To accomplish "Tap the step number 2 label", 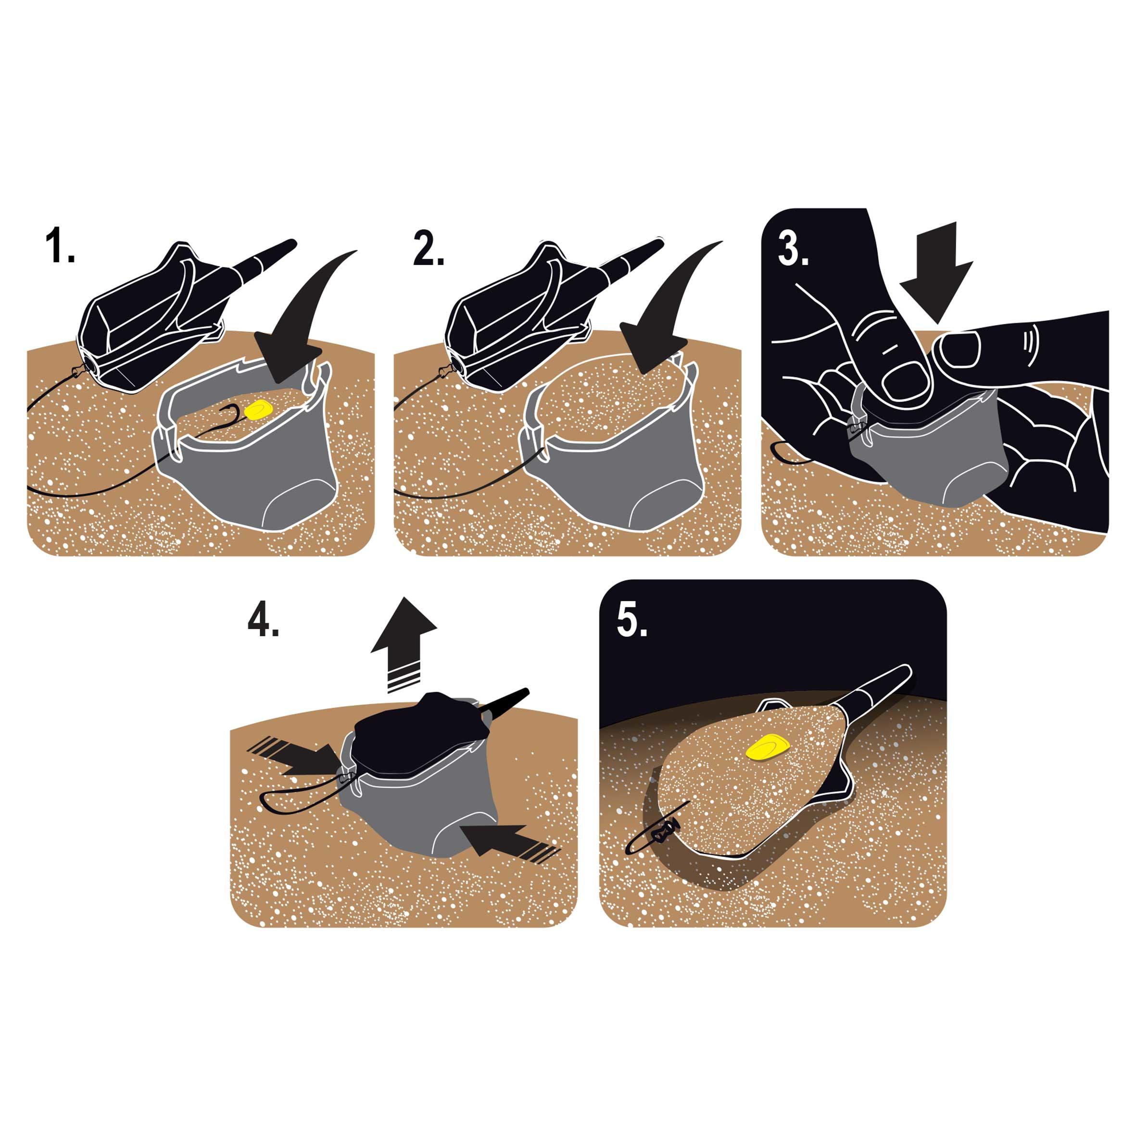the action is [x=429, y=247].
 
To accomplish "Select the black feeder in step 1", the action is [x=177, y=317].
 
